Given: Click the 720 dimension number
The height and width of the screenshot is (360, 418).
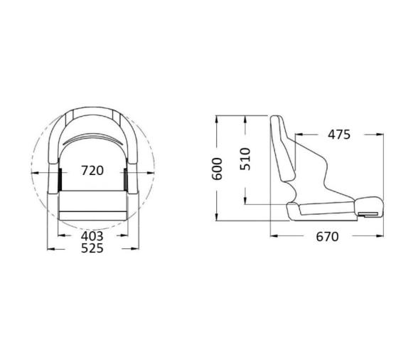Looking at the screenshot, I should [92, 171].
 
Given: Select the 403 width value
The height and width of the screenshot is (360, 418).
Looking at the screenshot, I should [92, 235].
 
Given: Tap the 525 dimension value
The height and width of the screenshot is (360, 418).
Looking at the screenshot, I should [92, 248].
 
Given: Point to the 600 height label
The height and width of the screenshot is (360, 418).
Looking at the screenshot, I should [218, 169].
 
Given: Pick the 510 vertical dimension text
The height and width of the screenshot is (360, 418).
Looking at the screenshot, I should [245, 158].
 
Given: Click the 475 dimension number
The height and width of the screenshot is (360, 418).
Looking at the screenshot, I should [338, 134].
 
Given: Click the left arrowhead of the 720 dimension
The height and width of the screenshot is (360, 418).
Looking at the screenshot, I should [33, 171].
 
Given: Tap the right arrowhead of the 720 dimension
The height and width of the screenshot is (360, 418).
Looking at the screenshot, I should [151, 171].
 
